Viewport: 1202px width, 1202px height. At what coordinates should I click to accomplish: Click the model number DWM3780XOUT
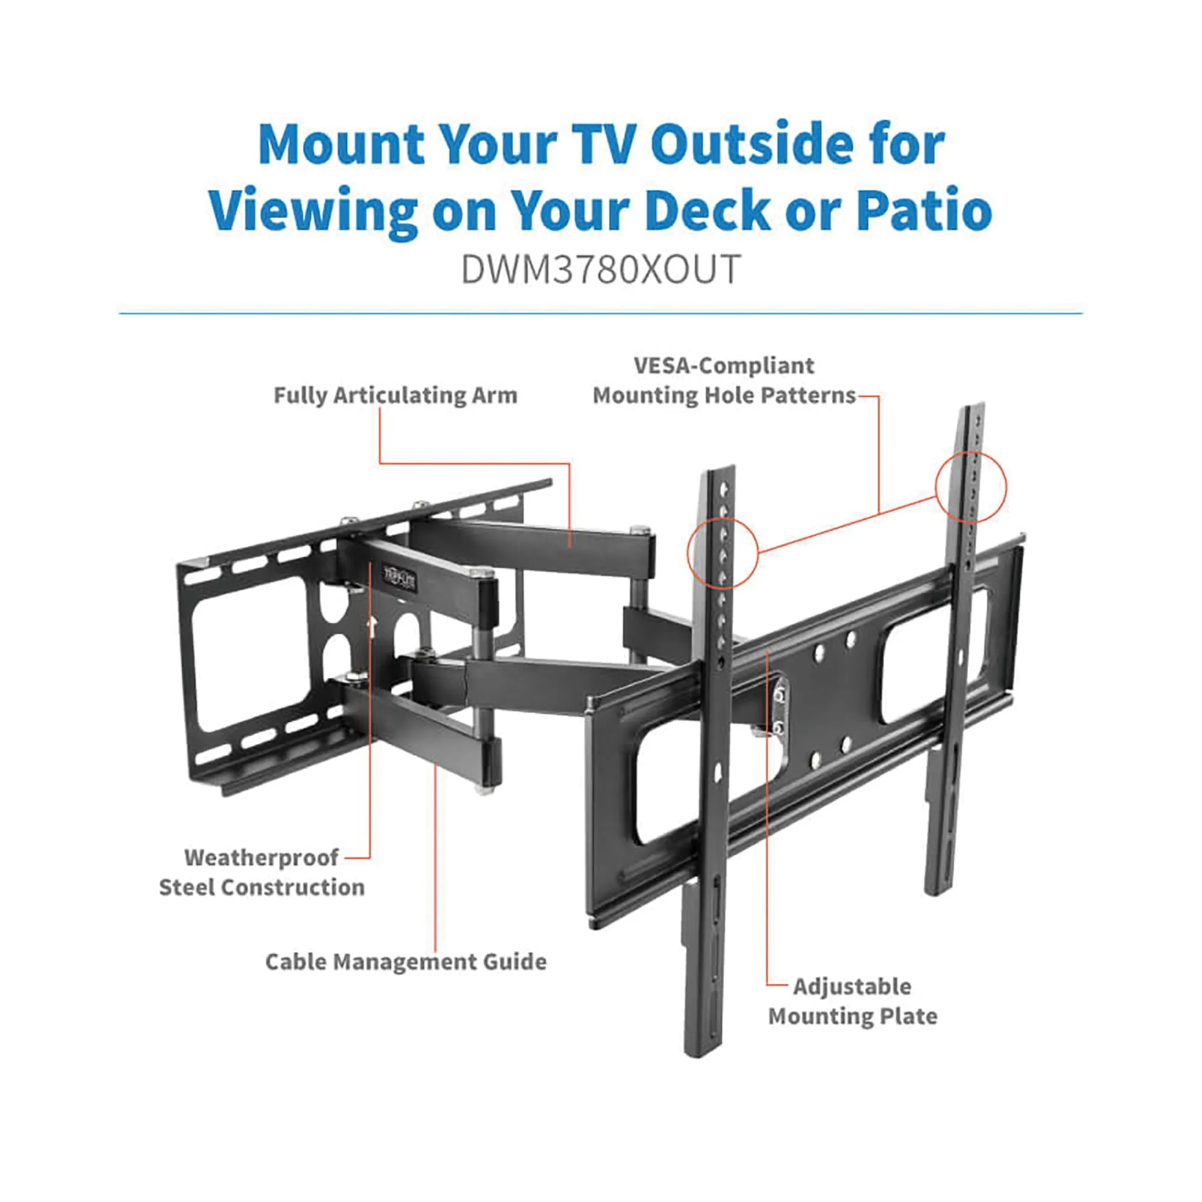[x=600, y=269]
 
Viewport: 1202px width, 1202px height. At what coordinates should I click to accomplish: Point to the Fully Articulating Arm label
[x=395, y=395]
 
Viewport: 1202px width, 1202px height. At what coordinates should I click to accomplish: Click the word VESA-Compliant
[x=724, y=365]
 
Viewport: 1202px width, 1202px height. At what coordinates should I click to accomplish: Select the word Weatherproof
[x=261, y=858]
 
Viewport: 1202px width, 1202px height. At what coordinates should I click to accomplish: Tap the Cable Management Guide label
[x=406, y=961]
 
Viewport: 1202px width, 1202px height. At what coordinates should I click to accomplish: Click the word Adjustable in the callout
[x=852, y=986]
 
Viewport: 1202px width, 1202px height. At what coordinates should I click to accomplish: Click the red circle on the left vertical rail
[x=722, y=553]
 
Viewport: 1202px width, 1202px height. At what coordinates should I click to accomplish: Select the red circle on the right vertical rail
[x=971, y=487]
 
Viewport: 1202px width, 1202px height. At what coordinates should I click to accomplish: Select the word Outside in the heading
[x=752, y=144]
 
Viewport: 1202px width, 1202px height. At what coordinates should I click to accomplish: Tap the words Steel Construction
[x=261, y=887]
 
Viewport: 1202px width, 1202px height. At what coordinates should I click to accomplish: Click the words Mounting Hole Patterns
[x=724, y=395]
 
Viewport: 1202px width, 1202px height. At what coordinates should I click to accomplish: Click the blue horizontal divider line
[x=600, y=314]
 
